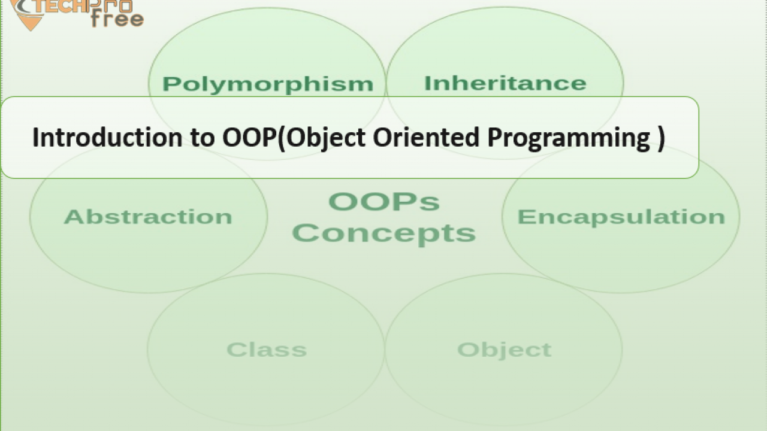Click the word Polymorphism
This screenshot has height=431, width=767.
[x=268, y=84]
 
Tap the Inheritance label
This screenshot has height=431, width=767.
[x=505, y=83]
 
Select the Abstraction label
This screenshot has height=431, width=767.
[x=148, y=217]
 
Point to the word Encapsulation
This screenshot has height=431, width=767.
[x=621, y=217]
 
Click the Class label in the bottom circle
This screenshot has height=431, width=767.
[x=267, y=350]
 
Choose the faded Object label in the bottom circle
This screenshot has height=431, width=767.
[x=505, y=350]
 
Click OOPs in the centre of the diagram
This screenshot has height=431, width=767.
[x=384, y=202]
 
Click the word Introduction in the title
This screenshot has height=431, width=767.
[x=107, y=137]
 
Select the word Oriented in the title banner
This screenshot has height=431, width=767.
[x=426, y=137]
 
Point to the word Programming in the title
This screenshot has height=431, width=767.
[x=569, y=139]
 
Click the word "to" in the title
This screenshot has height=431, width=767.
[x=203, y=138]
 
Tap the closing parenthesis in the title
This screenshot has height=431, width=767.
[x=662, y=138]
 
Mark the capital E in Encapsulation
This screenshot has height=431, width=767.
[x=526, y=217]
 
